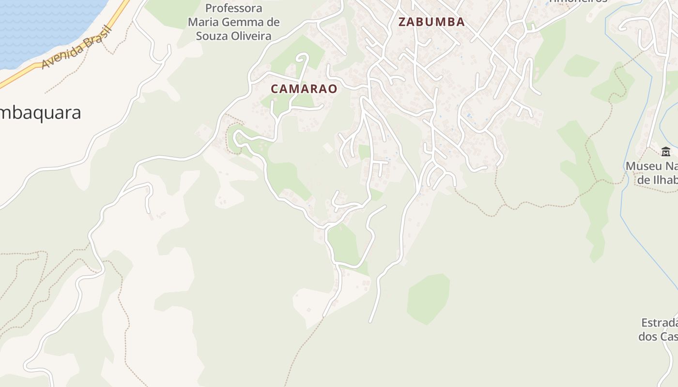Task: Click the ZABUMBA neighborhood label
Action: coord(431,22)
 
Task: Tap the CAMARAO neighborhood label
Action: coord(304,89)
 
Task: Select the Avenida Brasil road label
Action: coord(77,47)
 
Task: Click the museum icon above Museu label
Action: coord(666,152)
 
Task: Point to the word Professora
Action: coord(234,8)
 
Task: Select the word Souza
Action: coord(213,36)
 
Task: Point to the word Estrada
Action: coord(659,323)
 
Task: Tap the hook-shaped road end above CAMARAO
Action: coord(303,58)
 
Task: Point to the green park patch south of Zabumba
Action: coord(428,298)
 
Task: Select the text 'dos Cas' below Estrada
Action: coord(658,337)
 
